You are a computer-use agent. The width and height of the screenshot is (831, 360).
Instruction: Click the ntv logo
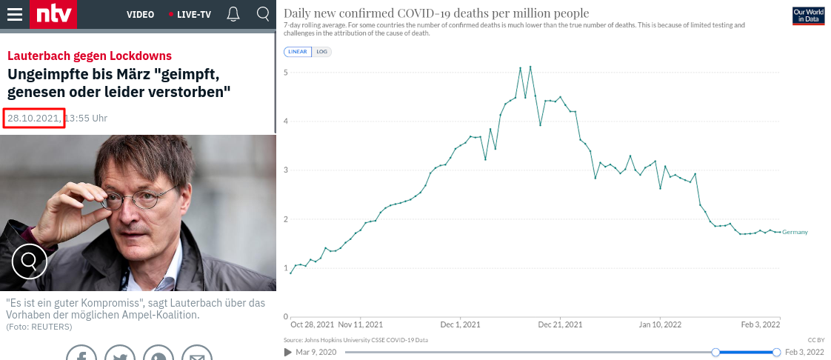pyautogui.click(x=53, y=14)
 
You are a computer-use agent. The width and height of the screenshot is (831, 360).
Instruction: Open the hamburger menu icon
pyautogui.click(x=14, y=15)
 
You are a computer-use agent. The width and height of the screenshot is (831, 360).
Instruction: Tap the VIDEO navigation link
pyautogui.click(x=140, y=15)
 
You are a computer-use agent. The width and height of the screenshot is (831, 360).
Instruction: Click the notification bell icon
pyautogui.click(x=233, y=14)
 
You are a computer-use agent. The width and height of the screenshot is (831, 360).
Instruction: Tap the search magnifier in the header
pyautogui.click(x=263, y=14)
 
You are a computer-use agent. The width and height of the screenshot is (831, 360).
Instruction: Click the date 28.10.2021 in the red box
pyautogui.click(x=33, y=119)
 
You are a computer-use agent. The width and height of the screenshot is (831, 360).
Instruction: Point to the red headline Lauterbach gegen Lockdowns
pyautogui.click(x=90, y=56)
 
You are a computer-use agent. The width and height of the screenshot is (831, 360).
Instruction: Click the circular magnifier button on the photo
pyautogui.click(x=30, y=260)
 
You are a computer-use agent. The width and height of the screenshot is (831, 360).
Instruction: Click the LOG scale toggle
pyautogui.click(x=322, y=52)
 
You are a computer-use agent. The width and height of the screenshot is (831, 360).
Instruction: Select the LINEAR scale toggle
pyautogui.click(x=297, y=52)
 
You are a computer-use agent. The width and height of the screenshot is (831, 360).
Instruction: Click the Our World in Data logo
pyautogui.click(x=808, y=16)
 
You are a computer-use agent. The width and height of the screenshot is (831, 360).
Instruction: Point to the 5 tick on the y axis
pyautogui.click(x=286, y=73)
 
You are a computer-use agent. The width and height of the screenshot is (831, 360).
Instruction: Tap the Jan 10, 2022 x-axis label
pyautogui.click(x=660, y=324)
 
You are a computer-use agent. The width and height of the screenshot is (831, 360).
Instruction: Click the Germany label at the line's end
pyautogui.click(x=795, y=233)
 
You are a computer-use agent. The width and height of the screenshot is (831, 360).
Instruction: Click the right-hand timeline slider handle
pyautogui.click(x=776, y=352)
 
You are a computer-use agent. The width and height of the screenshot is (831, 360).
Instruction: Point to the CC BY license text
pyautogui.click(x=815, y=339)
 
